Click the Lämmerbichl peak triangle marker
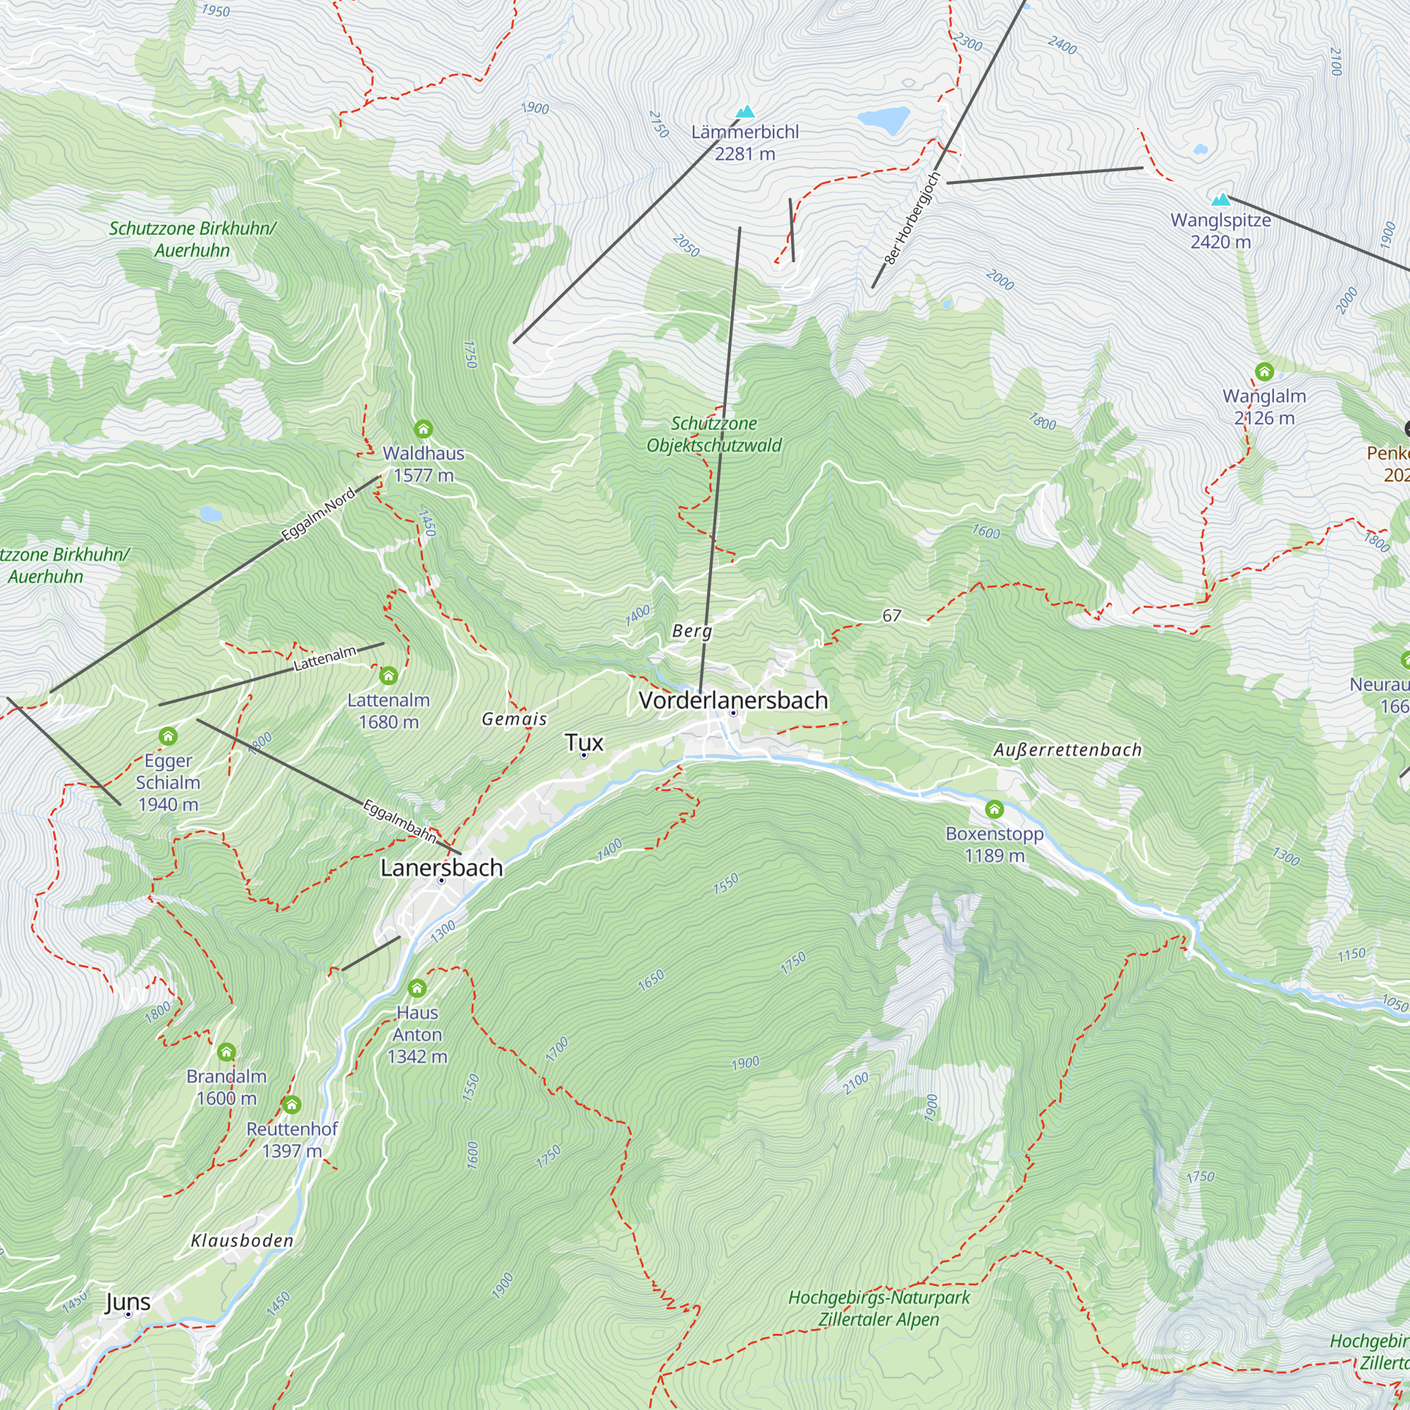tap(745, 112)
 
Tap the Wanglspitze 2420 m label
tap(1220, 231)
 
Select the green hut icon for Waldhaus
tap(423, 429)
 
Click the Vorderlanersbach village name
tap(732, 700)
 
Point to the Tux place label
tap(584, 743)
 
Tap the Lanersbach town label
tap(441, 868)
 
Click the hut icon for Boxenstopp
tap(994, 809)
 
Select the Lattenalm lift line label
tap(325, 658)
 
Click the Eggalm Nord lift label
tap(318, 515)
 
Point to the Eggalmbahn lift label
tap(399, 821)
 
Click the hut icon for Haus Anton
tap(417, 988)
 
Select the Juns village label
tap(128, 1302)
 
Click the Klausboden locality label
tap(242, 1241)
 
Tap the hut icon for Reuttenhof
tap(292, 1104)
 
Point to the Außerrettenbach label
tap(1067, 749)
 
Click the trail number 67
tap(891, 615)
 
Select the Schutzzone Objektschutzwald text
tap(713, 434)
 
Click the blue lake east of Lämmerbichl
tap(883, 119)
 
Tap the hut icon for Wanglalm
tap(1264, 372)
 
